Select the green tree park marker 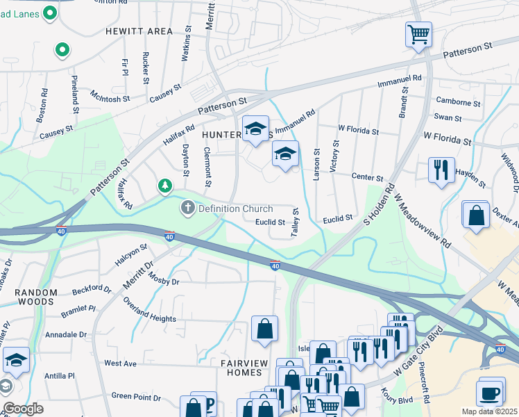click(x=164, y=185)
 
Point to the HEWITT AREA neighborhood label click(x=139, y=31)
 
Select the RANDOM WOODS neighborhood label click(x=27, y=297)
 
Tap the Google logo click(x=23, y=409)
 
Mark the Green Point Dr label click(x=136, y=398)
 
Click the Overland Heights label click(x=149, y=311)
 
